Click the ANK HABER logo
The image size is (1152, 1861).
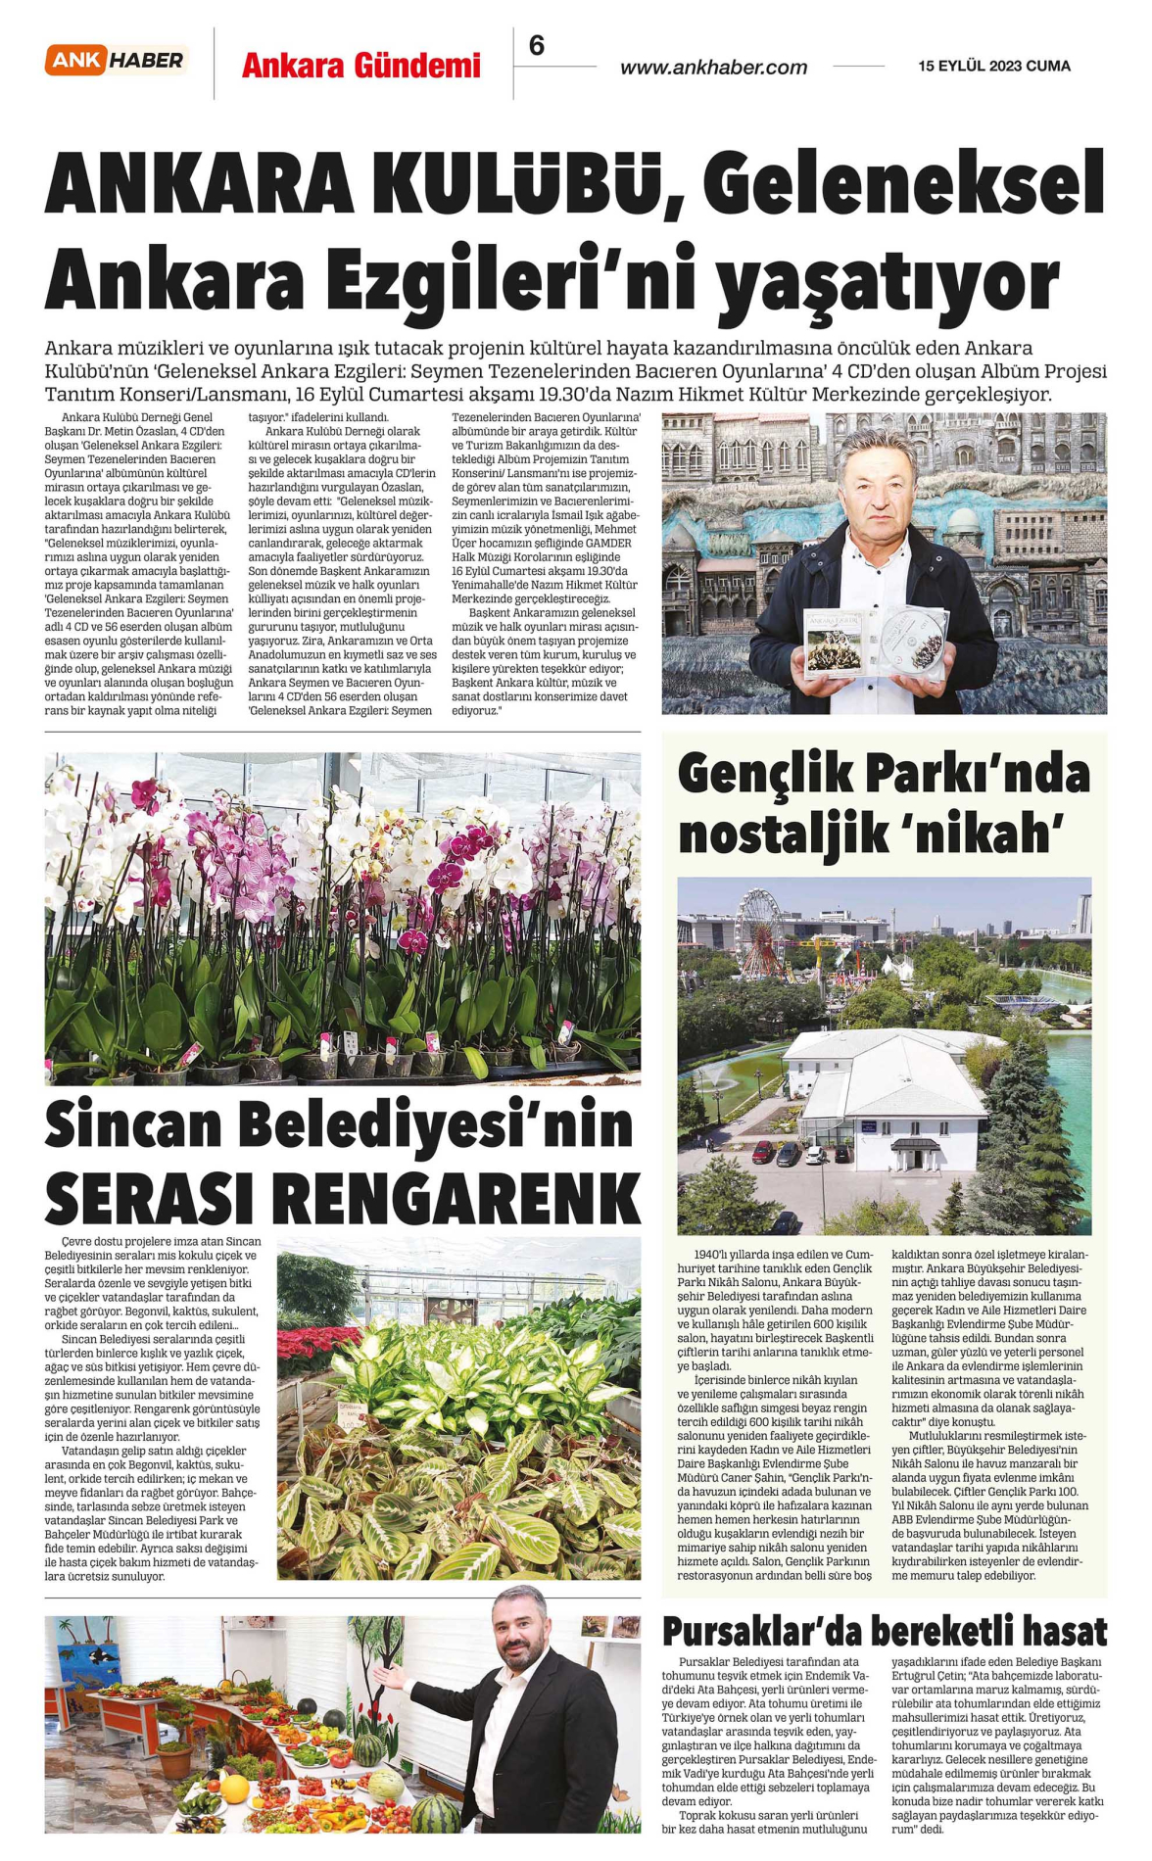(x=116, y=61)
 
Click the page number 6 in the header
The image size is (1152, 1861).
(x=536, y=45)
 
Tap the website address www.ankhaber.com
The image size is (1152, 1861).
(x=713, y=68)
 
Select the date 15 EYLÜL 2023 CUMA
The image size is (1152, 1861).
(x=994, y=66)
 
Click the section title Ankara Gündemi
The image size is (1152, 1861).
(x=360, y=66)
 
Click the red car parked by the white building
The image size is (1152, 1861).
(x=763, y=1152)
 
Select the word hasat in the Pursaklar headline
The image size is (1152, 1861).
(x=1065, y=1631)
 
